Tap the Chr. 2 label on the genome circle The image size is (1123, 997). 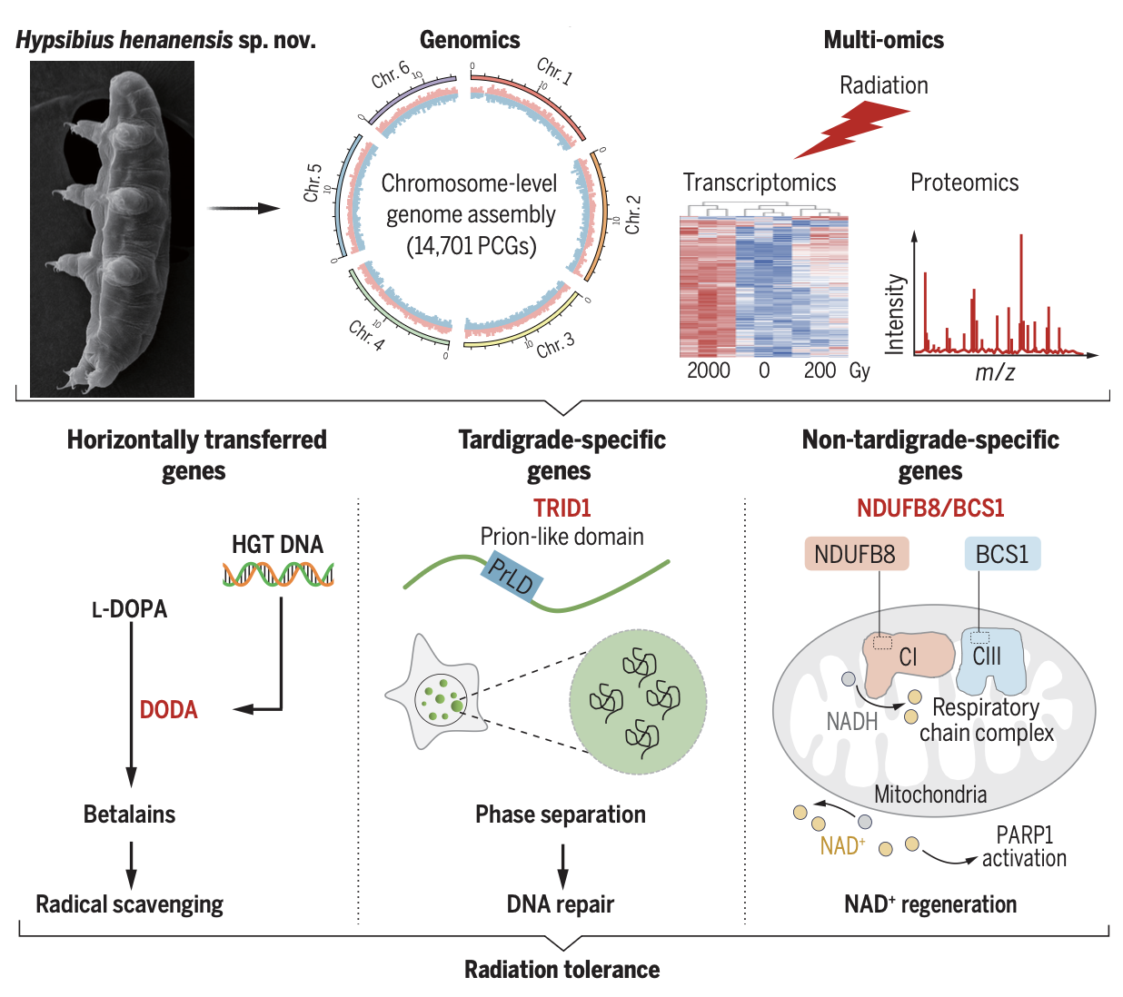pos(633,215)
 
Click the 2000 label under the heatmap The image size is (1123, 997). pos(708,370)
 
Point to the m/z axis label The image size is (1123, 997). pos(995,372)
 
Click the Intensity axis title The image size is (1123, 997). pos(896,314)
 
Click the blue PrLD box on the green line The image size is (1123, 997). pos(511,577)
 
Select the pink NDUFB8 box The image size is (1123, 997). pos(855,554)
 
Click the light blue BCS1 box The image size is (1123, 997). pos(1001,554)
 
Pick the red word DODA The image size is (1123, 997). pos(168,710)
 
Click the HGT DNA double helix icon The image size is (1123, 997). pos(278,574)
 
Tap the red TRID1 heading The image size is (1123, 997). pos(561,508)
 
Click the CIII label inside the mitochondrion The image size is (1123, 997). pos(987,656)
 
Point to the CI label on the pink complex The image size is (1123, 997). pos(908,656)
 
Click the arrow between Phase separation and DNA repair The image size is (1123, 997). pos(562,864)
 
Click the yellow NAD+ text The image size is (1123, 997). pos(841,846)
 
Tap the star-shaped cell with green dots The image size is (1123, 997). pos(433,695)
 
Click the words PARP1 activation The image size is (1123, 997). pos(1024,846)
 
